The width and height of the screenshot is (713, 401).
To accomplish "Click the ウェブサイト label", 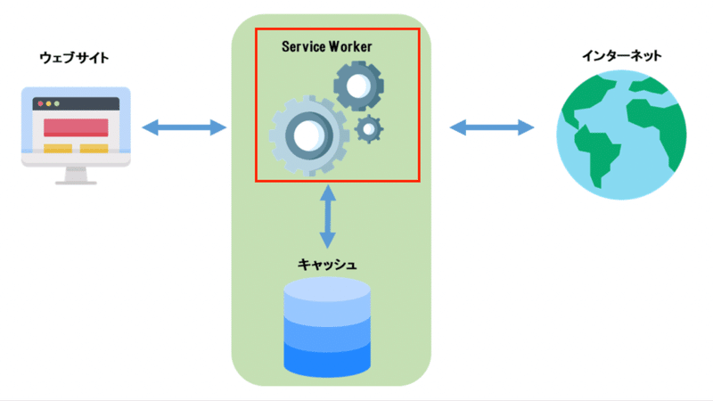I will [75, 58].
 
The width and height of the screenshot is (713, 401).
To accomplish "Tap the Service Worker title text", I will [327, 45].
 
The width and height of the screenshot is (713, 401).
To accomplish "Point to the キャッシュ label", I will [328, 265].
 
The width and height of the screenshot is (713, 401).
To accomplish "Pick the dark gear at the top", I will [358, 86].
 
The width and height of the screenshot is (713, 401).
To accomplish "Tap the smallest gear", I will [368, 130].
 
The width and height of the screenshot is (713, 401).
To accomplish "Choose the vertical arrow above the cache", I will [328, 216].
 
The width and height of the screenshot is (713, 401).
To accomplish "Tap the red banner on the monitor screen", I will [76, 127].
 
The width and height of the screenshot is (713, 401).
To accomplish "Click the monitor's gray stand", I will [76, 175].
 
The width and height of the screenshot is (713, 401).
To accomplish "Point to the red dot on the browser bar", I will [40, 104].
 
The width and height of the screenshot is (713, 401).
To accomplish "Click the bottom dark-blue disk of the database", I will [326, 361].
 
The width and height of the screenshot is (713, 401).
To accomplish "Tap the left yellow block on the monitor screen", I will [58, 148].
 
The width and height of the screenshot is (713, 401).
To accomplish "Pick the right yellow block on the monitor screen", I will [94, 148].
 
